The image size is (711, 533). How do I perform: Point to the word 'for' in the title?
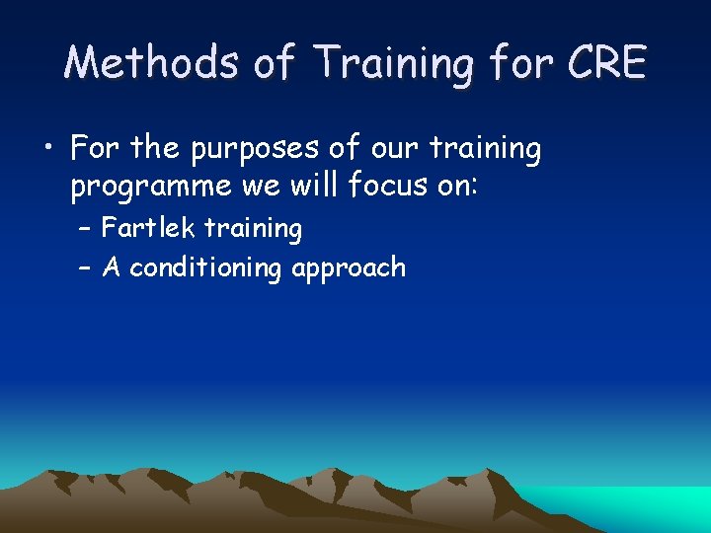tap(517, 63)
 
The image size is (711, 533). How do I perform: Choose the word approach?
tap(349, 268)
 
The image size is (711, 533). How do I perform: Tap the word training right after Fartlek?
tap(253, 229)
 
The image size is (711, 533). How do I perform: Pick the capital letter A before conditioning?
tap(112, 267)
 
